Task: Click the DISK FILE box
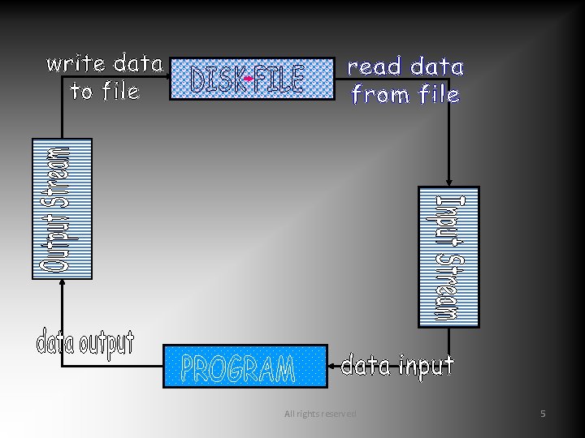click(252, 79)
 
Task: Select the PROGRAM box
click(245, 367)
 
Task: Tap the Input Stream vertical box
click(448, 257)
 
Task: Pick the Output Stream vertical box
click(62, 209)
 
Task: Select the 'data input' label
click(397, 366)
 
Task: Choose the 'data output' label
click(84, 343)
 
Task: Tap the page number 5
click(544, 414)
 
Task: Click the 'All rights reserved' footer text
click(320, 414)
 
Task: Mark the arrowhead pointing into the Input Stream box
click(448, 183)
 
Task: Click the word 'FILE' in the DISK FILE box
click(279, 79)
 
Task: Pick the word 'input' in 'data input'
click(425, 367)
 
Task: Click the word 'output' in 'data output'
click(106, 344)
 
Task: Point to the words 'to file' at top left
click(105, 92)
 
